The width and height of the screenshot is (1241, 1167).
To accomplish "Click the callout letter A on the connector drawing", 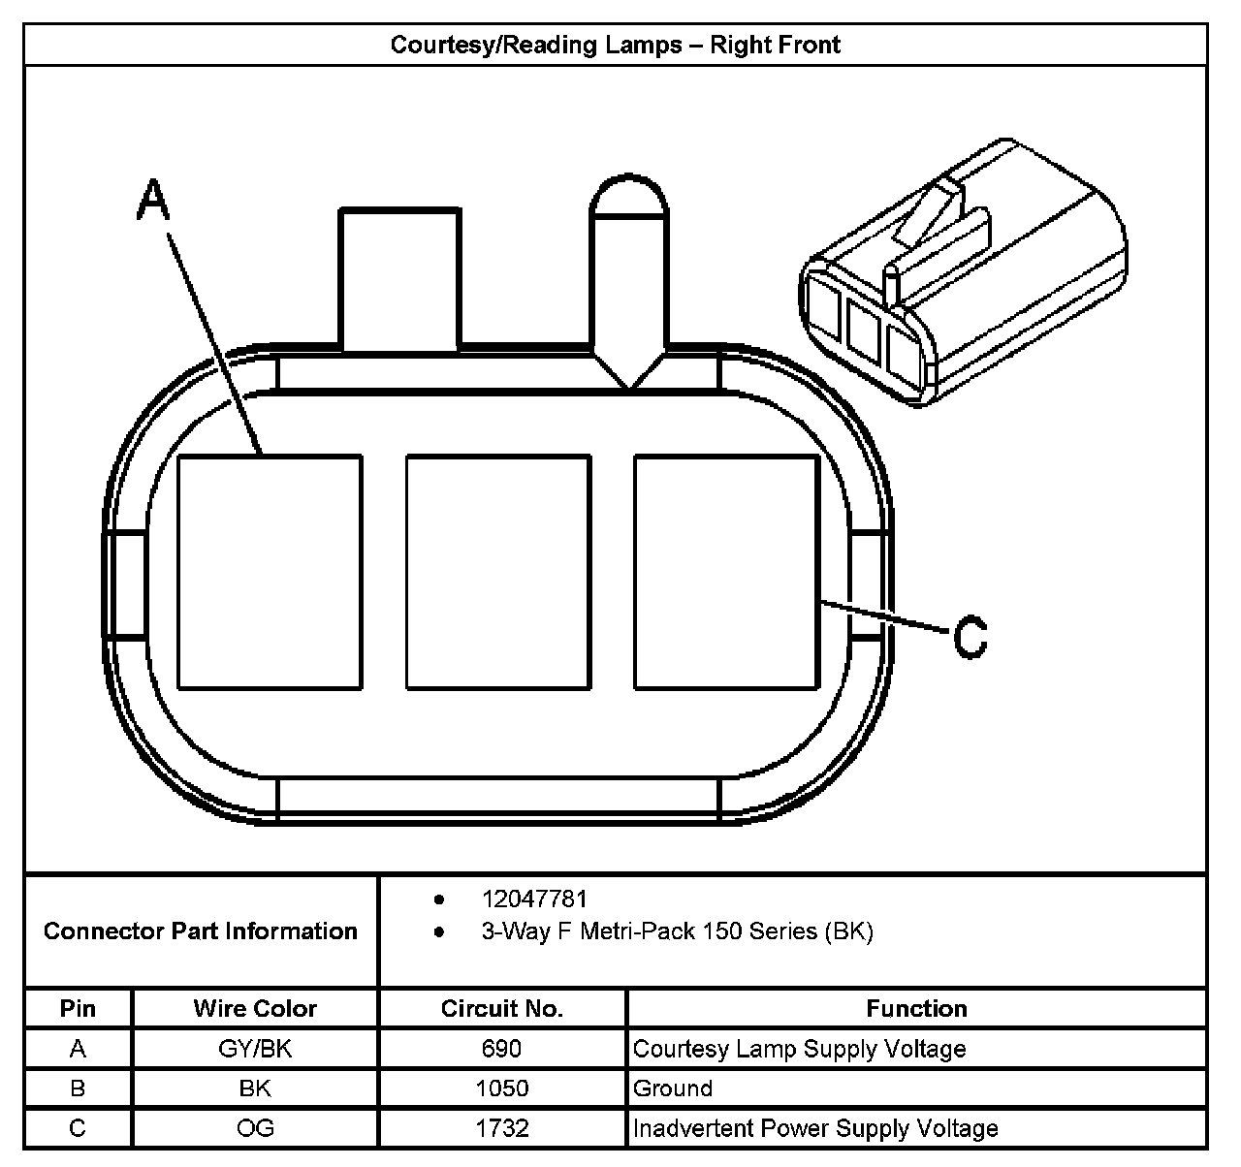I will pos(153,202).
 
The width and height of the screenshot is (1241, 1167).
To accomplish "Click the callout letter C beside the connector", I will pos(970,637).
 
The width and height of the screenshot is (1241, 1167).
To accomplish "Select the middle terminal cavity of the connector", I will pos(498,573).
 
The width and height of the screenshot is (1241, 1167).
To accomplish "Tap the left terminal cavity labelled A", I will pos(270,573).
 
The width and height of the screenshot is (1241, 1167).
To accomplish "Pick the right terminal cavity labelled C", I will pos(726,573).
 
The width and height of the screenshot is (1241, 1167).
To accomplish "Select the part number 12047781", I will pos(534,899).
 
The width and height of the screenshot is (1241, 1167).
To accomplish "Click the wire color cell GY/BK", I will pos(255,1049).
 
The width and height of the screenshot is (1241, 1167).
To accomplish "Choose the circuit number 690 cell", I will pos(501,1049).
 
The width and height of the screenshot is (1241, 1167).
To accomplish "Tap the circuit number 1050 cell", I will pos(501,1088).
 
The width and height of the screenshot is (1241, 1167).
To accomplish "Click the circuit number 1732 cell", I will pos(501,1128).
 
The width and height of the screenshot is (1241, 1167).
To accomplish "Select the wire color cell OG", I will pos(255,1128).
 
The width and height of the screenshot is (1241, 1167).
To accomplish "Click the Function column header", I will pos(916,1009).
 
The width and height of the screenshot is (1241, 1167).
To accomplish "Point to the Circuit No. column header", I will pos(501,1009).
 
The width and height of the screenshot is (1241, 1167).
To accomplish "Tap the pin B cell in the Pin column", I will pos(78,1088).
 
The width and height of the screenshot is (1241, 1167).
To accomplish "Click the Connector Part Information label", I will pos(201,931).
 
